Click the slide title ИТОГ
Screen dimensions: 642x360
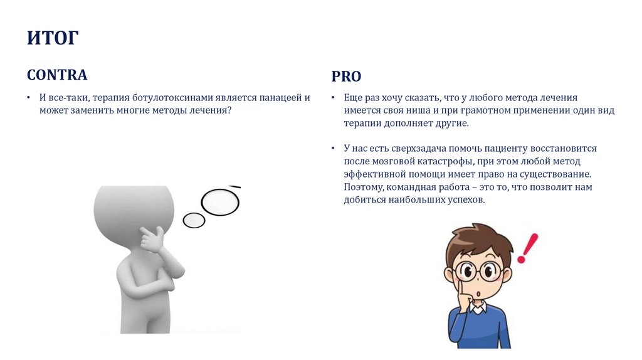click(x=53, y=38)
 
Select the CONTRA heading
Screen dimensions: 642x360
click(x=57, y=75)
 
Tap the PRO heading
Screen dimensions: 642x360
click(x=346, y=77)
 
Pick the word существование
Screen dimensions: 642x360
click(x=555, y=174)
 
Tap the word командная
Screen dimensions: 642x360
click(x=411, y=187)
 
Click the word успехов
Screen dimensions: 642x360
click(x=466, y=200)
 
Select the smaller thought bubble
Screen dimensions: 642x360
click(x=194, y=220)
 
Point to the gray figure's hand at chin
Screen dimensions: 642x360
click(x=153, y=240)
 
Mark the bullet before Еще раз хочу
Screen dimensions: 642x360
click(x=333, y=98)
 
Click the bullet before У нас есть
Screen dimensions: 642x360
click(x=333, y=149)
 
